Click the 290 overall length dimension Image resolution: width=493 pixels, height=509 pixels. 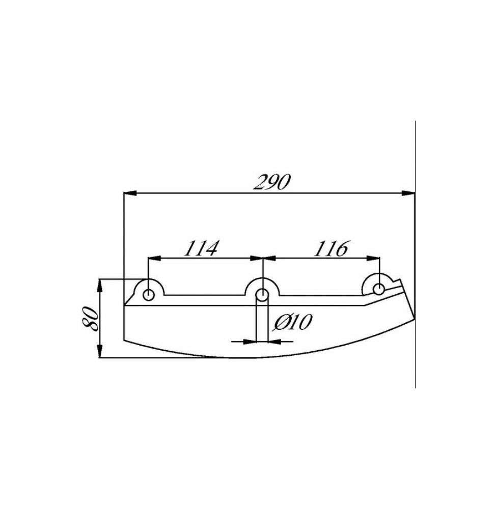pyautogui.click(x=271, y=182)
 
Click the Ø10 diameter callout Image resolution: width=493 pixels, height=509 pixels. pyautogui.click(x=293, y=322)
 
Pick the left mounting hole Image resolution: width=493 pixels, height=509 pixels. pyautogui.click(x=149, y=295)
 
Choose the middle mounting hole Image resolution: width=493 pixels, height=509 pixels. pyautogui.click(x=262, y=295)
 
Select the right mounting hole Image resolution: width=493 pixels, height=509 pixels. pyautogui.click(x=378, y=289)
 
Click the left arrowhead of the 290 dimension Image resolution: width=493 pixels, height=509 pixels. pyautogui.click(x=130, y=193)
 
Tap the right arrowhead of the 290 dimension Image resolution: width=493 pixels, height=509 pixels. pyautogui.click(x=408, y=193)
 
